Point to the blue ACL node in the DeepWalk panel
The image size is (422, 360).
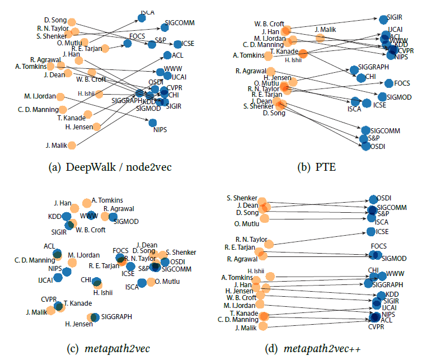pyautogui.click(x=167, y=55)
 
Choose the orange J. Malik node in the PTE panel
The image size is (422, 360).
pyautogui.click(x=320, y=38)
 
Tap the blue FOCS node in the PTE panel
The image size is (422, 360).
pyautogui.click(x=388, y=83)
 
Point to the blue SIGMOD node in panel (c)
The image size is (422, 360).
pyautogui.click(x=112, y=217)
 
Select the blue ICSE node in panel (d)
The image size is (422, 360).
pyautogui.click(x=370, y=231)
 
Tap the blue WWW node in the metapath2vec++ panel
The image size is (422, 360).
pyautogui.click(x=382, y=275)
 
